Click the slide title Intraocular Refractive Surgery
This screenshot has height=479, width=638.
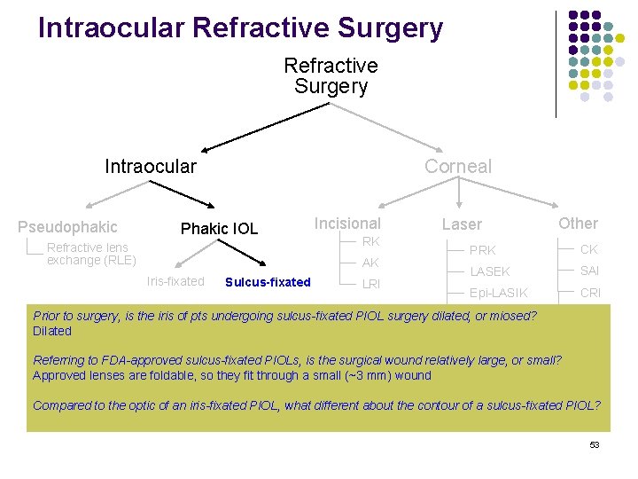pyautogui.click(x=240, y=28)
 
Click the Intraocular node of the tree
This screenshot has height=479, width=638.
pyautogui.click(x=151, y=166)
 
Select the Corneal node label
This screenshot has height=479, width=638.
pyautogui.click(x=457, y=166)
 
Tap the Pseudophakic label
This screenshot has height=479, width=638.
pyautogui.click(x=67, y=227)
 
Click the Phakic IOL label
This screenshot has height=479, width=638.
pyautogui.click(x=219, y=229)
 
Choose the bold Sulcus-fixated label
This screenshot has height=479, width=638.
pyautogui.click(x=268, y=282)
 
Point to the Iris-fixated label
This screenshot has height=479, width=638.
pyautogui.click(x=175, y=281)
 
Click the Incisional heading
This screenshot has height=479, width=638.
pyautogui.click(x=347, y=224)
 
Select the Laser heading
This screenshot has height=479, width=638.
pyautogui.click(x=462, y=225)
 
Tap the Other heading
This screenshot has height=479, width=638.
pyautogui.click(x=578, y=224)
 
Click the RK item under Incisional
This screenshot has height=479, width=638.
pyautogui.click(x=371, y=241)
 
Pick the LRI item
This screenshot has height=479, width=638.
pyautogui.click(x=371, y=284)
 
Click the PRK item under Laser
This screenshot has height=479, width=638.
pyautogui.click(x=483, y=250)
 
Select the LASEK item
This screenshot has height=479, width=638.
pyautogui.click(x=490, y=271)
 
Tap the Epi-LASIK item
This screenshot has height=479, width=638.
pyautogui.click(x=498, y=293)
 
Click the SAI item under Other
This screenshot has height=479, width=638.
pyautogui.click(x=590, y=271)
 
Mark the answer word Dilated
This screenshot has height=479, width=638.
pyautogui.click(x=52, y=331)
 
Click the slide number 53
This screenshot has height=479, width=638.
pyautogui.click(x=595, y=444)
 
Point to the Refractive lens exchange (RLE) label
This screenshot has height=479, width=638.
pyautogui.click(x=91, y=254)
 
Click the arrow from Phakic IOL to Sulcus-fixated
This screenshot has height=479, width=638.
pyautogui.click(x=244, y=252)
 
